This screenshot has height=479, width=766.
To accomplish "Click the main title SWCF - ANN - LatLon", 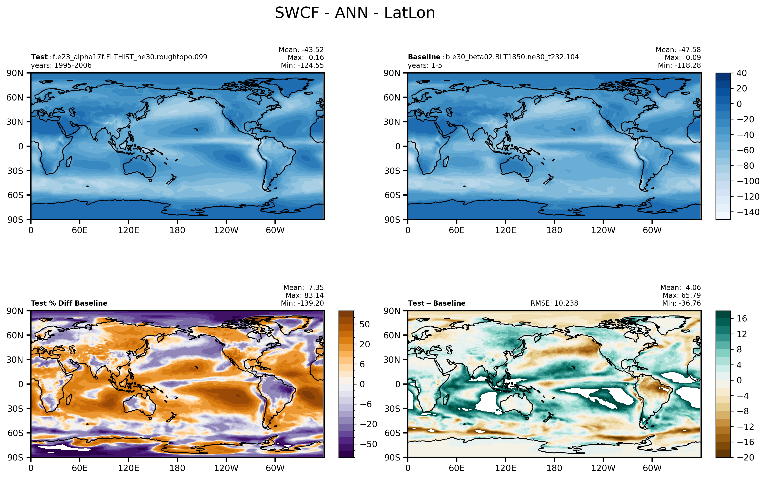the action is [x=355, y=13].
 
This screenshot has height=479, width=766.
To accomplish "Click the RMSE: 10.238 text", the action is [x=554, y=303].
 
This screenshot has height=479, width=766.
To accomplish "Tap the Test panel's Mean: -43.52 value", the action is [x=301, y=50].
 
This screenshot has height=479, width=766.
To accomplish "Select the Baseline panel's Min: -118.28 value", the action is [x=679, y=65].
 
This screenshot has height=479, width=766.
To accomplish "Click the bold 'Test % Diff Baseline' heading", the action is [x=69, y=303].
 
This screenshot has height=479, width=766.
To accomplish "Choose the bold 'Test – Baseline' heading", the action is [x=437, y=303].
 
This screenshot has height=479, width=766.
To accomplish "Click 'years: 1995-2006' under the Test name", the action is [x=61, y=65].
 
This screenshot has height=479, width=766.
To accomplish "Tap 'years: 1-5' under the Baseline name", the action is [x=425, y=65].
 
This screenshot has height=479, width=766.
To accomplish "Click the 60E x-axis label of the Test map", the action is [x=79, y=230].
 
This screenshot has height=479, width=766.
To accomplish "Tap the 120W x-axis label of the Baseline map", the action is [x=603, y=230].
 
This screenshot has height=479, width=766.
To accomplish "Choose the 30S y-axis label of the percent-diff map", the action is [x=15, y=408].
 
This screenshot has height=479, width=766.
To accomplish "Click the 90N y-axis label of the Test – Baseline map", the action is [x=392, y=311].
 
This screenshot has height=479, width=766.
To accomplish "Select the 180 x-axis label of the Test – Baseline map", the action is [x=554, y=468].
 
